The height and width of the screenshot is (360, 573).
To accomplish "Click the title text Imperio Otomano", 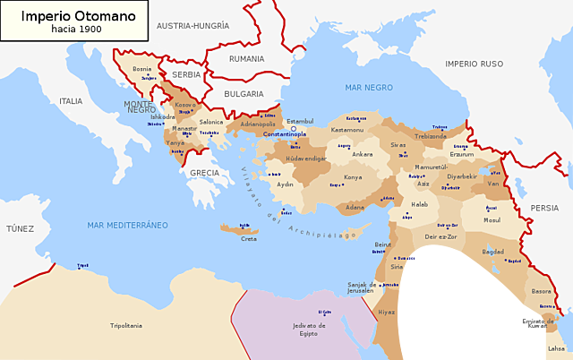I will point(62,16).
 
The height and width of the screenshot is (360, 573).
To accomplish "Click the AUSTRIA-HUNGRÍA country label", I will point(192,26).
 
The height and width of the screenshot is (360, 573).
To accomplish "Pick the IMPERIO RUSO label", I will point(475,64).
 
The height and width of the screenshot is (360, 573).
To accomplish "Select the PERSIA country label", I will point(544,207).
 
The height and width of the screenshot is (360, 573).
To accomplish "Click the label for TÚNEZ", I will point(20,229).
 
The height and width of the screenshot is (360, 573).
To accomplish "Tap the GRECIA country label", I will point(204,173).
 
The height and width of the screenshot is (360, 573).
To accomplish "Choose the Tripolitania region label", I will point(125,325).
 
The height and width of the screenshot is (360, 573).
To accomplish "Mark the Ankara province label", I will point(363,154).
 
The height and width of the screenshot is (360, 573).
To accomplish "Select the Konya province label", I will point(354,177).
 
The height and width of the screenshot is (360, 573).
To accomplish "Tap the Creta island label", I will point(249,238).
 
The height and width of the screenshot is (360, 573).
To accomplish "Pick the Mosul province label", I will point(492,219).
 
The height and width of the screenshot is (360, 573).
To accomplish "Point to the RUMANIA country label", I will point(246,58).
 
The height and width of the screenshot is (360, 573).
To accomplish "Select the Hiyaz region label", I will point(385,312).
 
